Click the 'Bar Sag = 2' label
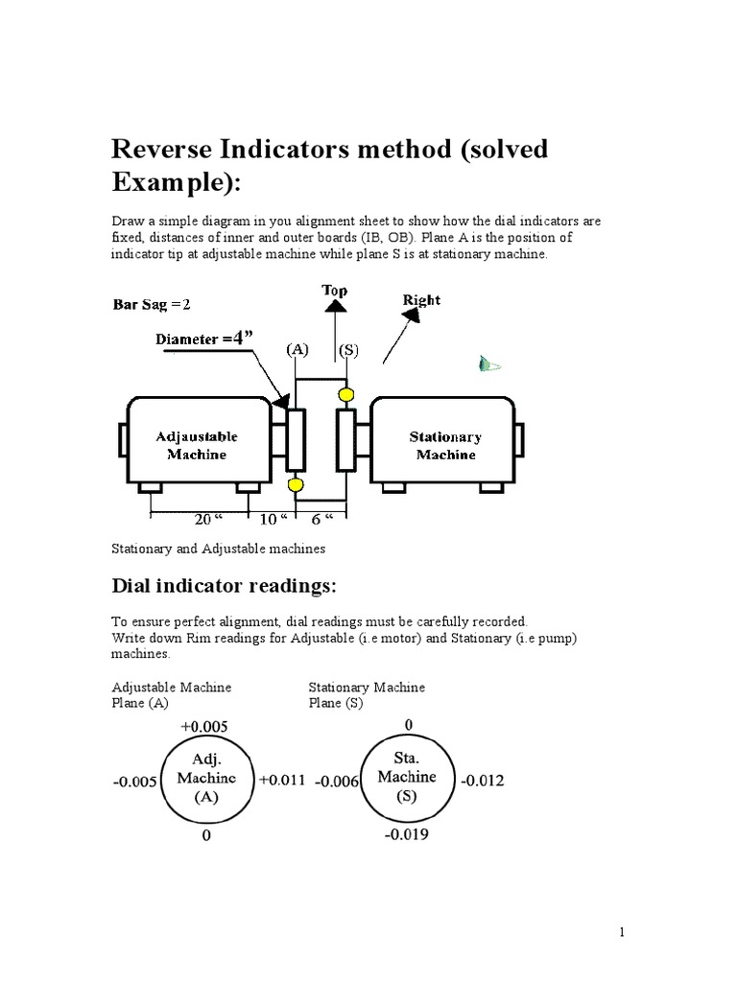(153, 306)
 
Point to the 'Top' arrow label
(334, 290)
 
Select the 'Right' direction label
(421, 300)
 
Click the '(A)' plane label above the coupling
(295, 351)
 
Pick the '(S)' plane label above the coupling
(345, 351)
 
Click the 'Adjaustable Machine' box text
(196, 445)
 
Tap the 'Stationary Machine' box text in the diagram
(446, 445)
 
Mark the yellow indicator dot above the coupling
(345, 393)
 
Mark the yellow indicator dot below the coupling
(295, 485)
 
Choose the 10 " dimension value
(273, 519)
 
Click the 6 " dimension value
(321, 519)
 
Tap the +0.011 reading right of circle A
(282, 781)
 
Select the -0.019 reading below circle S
(407, 834)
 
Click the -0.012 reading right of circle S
(482, 781)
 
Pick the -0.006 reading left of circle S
(337, 782)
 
